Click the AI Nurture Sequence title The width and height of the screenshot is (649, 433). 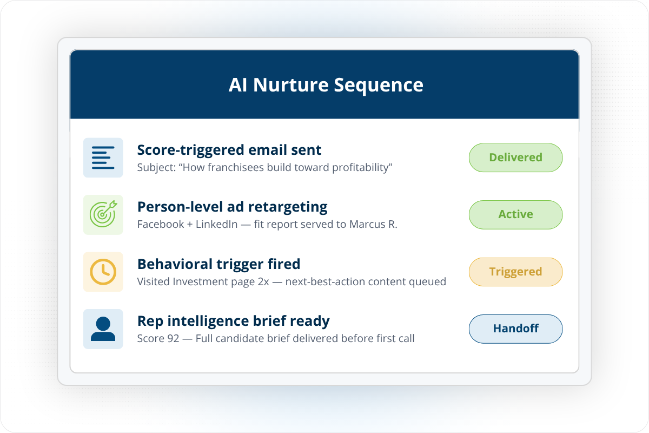(326, 85)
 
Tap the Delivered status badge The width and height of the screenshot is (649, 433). (515, 158)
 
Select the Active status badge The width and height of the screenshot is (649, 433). (515, 215)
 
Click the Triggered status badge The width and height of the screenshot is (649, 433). (515, 272)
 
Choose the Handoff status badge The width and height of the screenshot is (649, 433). (515, 329)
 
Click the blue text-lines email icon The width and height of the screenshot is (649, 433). (103, 158)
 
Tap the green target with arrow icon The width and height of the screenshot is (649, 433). (103, 215)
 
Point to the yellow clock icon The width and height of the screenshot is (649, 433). (103, 272)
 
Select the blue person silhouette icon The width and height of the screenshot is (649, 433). (103, 329)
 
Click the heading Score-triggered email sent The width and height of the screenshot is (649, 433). (229, 150)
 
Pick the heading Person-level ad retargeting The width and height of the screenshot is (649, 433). (232, 207)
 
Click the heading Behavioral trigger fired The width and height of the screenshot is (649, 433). (218, 264)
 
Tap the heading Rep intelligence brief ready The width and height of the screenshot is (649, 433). (233, 321)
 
